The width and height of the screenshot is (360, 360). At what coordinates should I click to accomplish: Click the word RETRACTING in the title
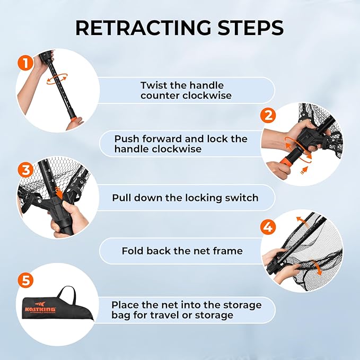point(143,28)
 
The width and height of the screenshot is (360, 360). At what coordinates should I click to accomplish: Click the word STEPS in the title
point(251,28)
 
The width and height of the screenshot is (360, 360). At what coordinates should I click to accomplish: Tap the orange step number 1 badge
point(25,63)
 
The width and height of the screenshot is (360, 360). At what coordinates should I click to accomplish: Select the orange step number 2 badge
point(268,115)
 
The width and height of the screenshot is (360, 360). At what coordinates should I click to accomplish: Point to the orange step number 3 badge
point(25,170)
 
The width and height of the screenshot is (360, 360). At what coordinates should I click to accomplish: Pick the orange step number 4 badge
point(268,227)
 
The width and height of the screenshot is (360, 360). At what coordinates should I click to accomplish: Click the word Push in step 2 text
point(126,139)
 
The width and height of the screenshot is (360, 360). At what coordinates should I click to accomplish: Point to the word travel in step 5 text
point(164,315)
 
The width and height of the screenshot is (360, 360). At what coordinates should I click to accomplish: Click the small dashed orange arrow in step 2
point(304,171)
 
